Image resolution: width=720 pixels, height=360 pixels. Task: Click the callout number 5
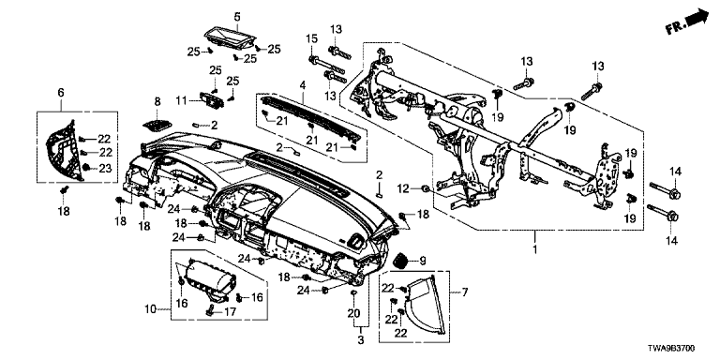click(237, 18)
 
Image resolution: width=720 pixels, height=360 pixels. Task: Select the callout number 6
click(61, 93)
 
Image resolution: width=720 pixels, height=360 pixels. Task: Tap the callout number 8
click(157, 102)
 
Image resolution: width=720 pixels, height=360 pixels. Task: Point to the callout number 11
click(181, 99)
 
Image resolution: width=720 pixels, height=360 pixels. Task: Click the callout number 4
click(303, 85)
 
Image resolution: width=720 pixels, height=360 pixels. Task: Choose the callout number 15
click(312, 39)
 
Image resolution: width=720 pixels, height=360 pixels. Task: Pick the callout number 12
click(403, 188)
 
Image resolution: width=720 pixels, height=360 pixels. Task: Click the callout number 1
click(535, 251)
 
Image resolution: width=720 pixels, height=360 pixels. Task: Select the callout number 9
click(423, 262)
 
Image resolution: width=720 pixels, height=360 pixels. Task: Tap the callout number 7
click(464, 292)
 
